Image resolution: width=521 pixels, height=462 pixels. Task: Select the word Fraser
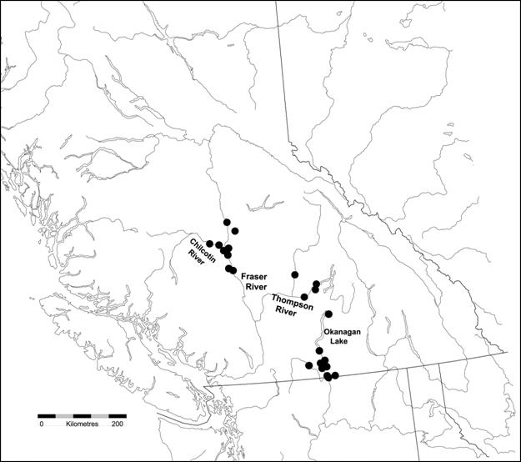[254, 275]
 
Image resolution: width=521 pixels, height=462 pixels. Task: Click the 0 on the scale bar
[41, 424]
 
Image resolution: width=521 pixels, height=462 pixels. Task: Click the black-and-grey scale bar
[82, 414]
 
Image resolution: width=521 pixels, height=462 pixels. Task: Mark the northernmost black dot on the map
[227, 222]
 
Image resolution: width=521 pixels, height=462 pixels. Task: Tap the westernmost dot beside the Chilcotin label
[210, 244]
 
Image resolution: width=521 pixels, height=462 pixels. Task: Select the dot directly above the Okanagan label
[328, 314]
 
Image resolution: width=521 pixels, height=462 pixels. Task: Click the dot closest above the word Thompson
[304, 297]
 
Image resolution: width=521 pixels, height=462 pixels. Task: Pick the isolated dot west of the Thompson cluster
[294, 274]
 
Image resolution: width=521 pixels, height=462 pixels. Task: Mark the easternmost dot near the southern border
[335, 376]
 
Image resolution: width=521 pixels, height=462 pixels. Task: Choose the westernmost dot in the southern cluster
[309, 365]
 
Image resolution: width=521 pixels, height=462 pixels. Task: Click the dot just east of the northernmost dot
[236, 230]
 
